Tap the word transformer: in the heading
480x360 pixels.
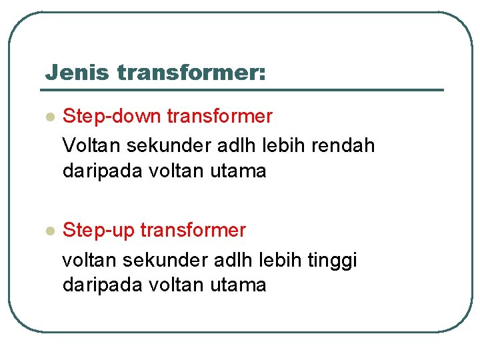click(191, 73)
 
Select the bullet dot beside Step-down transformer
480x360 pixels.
click(48, 117)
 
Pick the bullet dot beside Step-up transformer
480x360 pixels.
click(48, 231)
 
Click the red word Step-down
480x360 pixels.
click(112, 117)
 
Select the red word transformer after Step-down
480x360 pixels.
click(219, 117)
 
